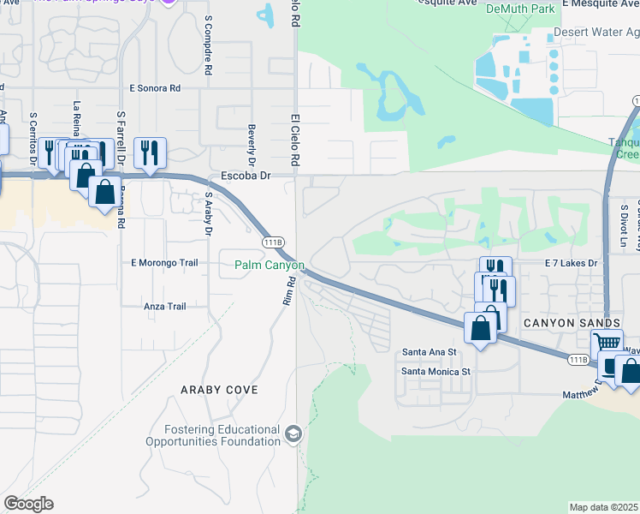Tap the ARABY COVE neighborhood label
coord(219,390)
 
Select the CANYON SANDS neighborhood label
coord(572,322)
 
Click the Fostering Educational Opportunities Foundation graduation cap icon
coord(294,433)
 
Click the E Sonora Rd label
coord(155,87)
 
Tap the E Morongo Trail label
coord(164,262)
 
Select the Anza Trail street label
coord(165,306)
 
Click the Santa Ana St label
coord(430,352)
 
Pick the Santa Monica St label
coord(436,372)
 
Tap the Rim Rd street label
coord(288,291)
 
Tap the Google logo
coord(28,504)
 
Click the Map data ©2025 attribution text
coord(603,507)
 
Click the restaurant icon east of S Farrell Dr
coord(150,152)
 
